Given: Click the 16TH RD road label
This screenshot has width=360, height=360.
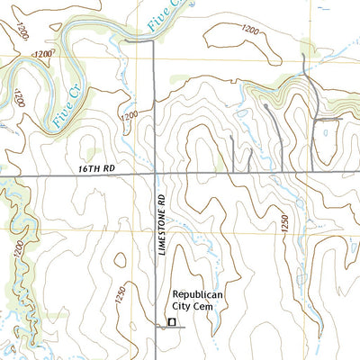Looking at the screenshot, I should tap(99, 167).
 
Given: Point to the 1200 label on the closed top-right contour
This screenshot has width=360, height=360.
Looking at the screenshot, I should tap(254, 30).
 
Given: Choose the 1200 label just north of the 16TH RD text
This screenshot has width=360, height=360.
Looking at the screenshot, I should tap(129, 116).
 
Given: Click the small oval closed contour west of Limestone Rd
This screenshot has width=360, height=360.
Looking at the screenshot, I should tap(88, 154).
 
